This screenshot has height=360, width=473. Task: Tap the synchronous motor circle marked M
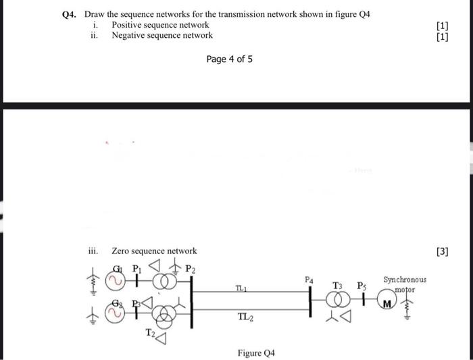[x=386, y=302]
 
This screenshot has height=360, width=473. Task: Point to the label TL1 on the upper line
[x=241, y=288]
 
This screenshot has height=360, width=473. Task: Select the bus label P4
[x=309, y=279]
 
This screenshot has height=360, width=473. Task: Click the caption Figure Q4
[x=256, y=353]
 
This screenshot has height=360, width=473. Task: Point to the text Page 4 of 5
[x=230, y=59]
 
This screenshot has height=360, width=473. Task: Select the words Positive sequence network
[x=160, y=25]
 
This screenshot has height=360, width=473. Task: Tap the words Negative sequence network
[x=162, y=35]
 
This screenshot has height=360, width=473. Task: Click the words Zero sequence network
[x=154, y=251]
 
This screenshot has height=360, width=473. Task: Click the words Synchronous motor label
[x=405, y=283]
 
